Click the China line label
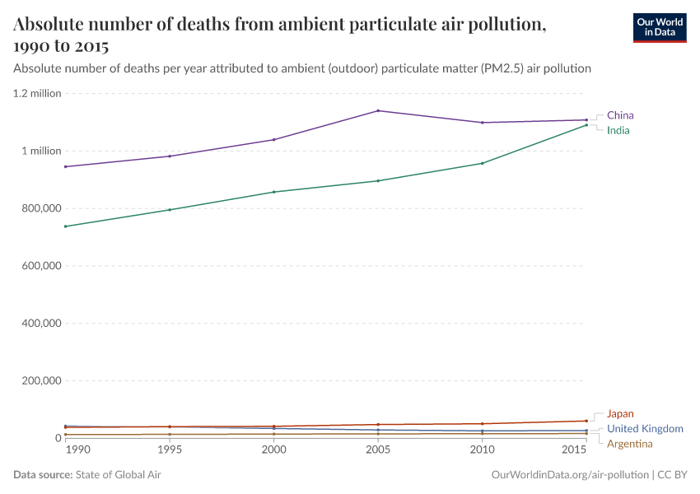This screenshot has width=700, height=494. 620,115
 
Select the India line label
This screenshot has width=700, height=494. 618,130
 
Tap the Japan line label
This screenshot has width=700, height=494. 620,414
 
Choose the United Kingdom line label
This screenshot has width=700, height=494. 645,429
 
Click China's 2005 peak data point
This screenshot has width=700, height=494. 378,110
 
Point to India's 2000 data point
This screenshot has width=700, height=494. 273,192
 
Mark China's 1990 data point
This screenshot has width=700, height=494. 65,166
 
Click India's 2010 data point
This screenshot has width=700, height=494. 482,163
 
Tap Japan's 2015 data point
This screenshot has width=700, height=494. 586,421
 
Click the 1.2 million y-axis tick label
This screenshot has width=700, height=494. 37,93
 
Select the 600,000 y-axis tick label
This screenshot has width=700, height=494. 40,266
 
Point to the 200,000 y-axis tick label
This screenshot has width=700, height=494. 40,381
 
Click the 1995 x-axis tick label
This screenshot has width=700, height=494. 170,450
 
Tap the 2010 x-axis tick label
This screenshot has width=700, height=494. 482,450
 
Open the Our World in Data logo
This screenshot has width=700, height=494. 659,26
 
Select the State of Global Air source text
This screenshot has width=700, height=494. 124,475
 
